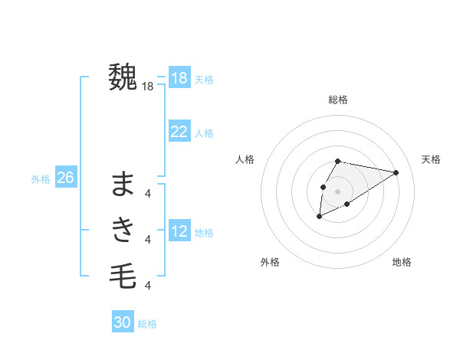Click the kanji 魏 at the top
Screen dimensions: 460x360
point(123,77)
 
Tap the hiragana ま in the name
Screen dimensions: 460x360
point(123,185)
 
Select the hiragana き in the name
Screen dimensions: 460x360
point(123,229)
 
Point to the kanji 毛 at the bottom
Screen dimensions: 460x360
point(123,274)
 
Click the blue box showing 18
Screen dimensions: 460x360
point(179,78)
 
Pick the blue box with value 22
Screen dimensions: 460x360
point(179,132)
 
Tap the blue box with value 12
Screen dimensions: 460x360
point(179,231)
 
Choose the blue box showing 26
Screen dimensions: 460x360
point(65,178)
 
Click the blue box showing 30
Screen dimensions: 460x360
point(123,322)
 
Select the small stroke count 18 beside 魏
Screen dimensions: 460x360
point(148,87)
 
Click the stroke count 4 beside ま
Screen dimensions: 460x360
point(148,194)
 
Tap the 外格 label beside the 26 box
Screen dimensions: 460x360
point(41,179)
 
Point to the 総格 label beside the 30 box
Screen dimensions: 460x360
point(147,324)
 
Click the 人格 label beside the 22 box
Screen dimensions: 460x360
point(204,133)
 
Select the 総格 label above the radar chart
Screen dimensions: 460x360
point(338,100)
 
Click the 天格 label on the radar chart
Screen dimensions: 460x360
point(431,159)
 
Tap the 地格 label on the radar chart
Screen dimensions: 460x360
point(402,262)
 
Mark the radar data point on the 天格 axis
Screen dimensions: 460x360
point(396,172)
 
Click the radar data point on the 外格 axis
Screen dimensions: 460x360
point(320,217)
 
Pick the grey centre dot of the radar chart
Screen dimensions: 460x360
point(338,191)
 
